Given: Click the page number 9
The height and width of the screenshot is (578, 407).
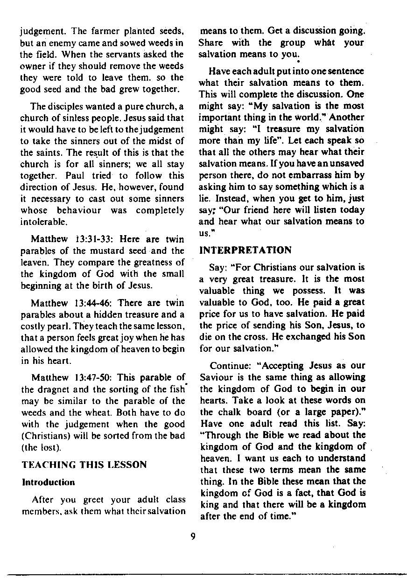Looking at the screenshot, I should pos(192,536).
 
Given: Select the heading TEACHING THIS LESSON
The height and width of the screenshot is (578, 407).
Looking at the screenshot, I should pos(84,465).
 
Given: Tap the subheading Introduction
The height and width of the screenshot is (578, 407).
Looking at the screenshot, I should pos(48,482).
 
